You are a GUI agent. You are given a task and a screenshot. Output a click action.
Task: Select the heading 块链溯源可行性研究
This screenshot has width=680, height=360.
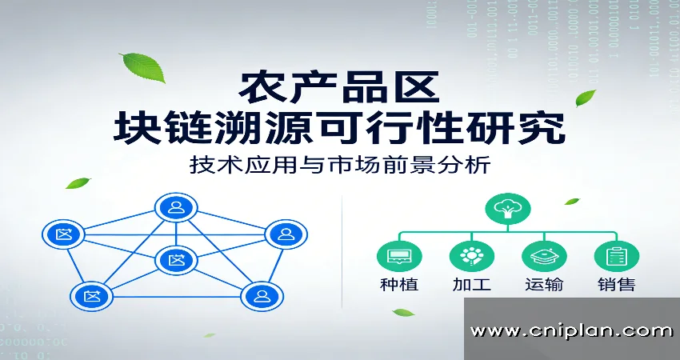tap(339, 128)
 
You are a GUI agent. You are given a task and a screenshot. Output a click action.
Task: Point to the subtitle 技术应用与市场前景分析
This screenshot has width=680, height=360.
tap(339, 166)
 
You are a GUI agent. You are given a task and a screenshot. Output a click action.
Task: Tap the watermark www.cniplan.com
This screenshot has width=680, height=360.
tap(571, 330)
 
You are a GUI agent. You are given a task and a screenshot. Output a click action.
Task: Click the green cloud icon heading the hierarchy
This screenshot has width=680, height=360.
tap(506, 210)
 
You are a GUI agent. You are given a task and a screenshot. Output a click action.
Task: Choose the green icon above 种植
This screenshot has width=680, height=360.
tap(398, 257)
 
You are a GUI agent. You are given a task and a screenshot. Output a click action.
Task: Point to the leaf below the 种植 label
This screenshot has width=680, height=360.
tap(402, 312)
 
